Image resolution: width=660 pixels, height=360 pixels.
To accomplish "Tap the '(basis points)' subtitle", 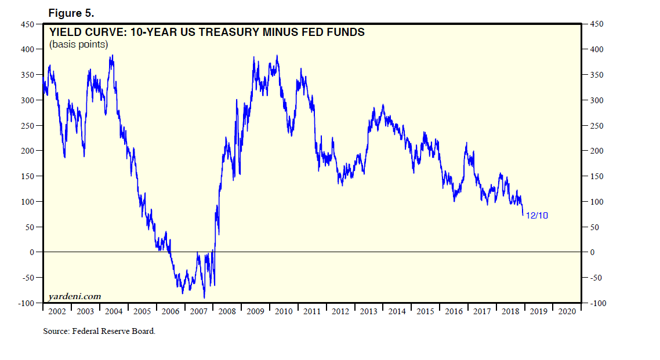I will point(78,44).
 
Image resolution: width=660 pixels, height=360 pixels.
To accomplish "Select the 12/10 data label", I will point(536,216).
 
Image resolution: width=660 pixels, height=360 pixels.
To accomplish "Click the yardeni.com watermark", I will point(74,296).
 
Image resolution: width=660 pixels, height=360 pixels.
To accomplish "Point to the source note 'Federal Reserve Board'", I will point(112,332).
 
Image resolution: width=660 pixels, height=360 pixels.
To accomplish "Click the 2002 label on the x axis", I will point(57,311).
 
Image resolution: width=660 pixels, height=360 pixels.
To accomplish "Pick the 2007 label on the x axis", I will point(198,311).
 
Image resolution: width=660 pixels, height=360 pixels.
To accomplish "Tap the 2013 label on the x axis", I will point(368,311).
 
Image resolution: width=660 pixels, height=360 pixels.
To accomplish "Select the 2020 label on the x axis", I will point(567,311).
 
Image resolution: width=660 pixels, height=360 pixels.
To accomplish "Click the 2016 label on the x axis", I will point(454,311).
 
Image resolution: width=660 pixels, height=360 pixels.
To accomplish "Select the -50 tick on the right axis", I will point(595,278).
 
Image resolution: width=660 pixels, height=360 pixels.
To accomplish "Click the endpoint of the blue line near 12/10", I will point(523,215).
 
